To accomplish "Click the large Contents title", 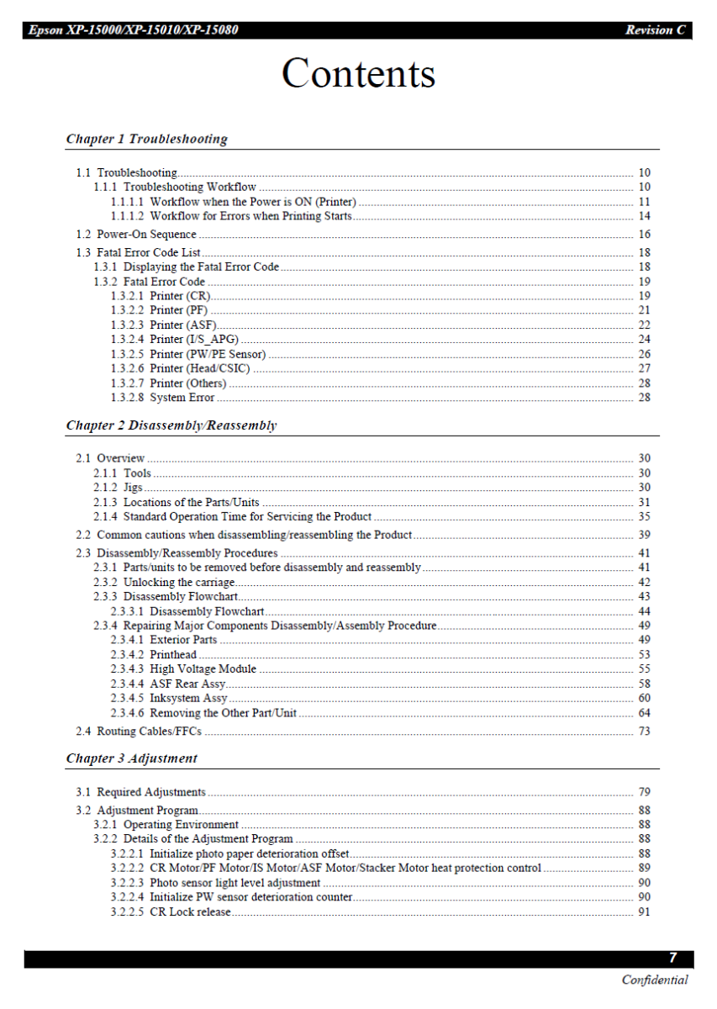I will (358, 74).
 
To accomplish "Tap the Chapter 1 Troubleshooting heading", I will (146, 139).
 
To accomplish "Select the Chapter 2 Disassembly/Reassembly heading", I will (171, 425).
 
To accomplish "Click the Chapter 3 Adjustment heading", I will (131, 758).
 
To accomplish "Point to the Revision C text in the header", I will (655, 30).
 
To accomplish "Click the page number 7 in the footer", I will (672, 958).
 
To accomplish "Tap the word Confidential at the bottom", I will (654, 980).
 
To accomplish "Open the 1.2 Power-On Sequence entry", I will (146, 235).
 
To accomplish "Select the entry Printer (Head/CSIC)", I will (199, 368).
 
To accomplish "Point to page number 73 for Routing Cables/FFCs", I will (644, 732).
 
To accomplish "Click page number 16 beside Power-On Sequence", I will (644, 235).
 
